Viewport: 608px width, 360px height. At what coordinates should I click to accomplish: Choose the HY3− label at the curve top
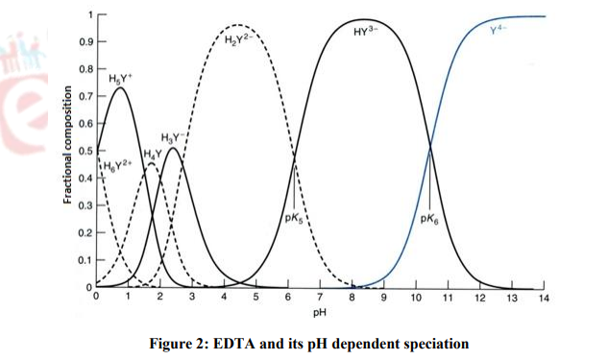[366, 32]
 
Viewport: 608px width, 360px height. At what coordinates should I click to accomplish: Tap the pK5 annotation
[297, 218]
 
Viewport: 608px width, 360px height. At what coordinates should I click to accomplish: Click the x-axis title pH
[319, 313]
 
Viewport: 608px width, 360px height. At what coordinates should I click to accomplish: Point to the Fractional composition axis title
[67, 145]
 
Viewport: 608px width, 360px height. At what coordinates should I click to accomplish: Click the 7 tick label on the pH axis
[320, 299]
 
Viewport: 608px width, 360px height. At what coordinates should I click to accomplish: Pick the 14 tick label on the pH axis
[544, 299]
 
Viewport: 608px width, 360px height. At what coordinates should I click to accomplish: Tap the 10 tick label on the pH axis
[416, 299]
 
